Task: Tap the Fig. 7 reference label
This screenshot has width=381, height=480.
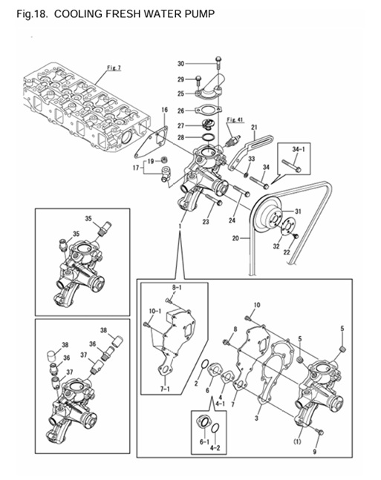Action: pos(114,68)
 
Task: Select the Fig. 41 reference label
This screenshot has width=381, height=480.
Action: pos(234,119)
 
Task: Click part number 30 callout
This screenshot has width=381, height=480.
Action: pos(180,64)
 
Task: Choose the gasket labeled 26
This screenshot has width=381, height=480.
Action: pos(208,110)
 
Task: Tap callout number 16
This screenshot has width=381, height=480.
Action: pos(165,110)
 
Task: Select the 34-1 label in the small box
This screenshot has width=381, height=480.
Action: pos(296,149)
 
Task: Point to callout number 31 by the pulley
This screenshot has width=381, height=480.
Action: pos(299,211)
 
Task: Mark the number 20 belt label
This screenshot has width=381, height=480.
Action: pos(235,238)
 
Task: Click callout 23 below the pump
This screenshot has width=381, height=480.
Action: pos(206,221)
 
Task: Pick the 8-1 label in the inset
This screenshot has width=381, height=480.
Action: pos(177,288)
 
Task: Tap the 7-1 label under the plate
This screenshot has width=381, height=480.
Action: pos(165,389)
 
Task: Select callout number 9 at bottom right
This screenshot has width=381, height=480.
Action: pos(314,451)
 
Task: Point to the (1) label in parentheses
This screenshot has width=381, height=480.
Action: pos(297,441)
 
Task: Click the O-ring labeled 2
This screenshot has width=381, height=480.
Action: pos(204,365)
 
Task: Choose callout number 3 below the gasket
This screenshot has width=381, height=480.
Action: pos(256,418)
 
